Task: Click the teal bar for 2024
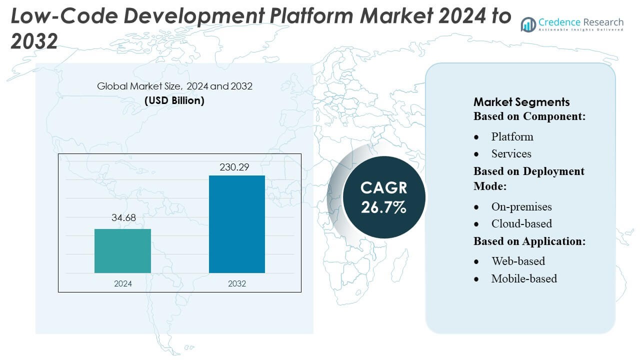click(x=122, y=251)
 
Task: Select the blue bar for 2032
click(x=236, y=224)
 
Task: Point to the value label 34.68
click(x=122, y=218)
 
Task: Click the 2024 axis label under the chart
click(x=122, y=283)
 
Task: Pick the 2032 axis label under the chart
click(x=236, y=283)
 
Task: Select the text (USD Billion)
click(x=174, y=100)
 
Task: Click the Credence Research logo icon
click(x=528, y=24)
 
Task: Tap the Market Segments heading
click(x=521, y=102)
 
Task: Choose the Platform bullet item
click(x=512, y=136)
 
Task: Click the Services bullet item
click(x=511, y=153)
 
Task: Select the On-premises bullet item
click(x=521, y=206)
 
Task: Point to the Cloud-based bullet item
click(x=521, y=223)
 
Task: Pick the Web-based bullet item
click(x=518, y=261)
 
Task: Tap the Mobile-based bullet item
click(x=524, y=278)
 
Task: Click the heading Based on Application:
click(x=529, y=241)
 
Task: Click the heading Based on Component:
click(x=529, y=116)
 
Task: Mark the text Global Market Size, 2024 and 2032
click(x=174, y=86)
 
